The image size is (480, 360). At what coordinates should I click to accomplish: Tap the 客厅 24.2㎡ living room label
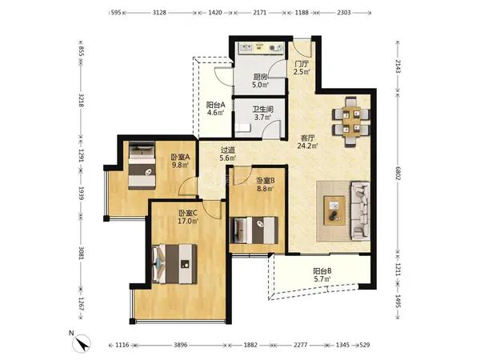(x=308, y=142)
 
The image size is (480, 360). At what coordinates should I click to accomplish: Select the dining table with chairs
(x=351, y=122)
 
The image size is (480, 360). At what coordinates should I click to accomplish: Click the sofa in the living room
(x=360, y=210)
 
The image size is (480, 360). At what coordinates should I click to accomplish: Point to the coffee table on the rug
(x=334, y=211)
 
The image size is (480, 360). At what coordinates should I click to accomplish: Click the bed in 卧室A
(x=142, y=166)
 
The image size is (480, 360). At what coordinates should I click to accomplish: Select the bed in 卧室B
(x=254, y=230)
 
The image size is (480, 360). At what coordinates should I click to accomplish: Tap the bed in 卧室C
(x=174, y=263)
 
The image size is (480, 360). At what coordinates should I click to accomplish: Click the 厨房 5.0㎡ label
(x=261, y=81)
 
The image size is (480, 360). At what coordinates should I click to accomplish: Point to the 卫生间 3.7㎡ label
(x=262, y=114)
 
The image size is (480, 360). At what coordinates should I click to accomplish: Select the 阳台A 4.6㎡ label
(x=215, y=108)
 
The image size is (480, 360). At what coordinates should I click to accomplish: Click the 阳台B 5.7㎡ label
(x=322, y=275)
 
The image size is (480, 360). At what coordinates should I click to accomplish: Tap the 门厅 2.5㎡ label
(x=302, y=68)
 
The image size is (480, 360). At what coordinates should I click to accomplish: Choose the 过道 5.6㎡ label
(x=228, y=154)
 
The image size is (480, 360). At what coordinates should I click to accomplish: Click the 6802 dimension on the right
(x=398, y=174)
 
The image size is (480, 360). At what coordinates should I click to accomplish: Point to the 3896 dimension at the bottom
(x=180, y=345)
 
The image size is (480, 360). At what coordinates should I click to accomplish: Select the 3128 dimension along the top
(x=159, y=13)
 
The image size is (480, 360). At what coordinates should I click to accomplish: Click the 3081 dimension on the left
(x=81, y=253)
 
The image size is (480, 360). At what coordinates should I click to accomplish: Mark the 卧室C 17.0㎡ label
(x=188, y=217)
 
